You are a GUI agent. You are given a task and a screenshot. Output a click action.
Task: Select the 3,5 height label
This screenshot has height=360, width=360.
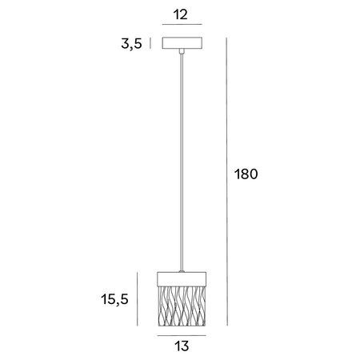pyautogui.click(x=131, y=44)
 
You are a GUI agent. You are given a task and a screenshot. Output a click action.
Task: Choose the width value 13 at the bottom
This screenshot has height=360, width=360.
pyautogui.click(x=182, y=348)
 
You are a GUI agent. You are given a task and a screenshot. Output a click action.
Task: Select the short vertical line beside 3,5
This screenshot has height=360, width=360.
pyautogui.click(x=150, y=43)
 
